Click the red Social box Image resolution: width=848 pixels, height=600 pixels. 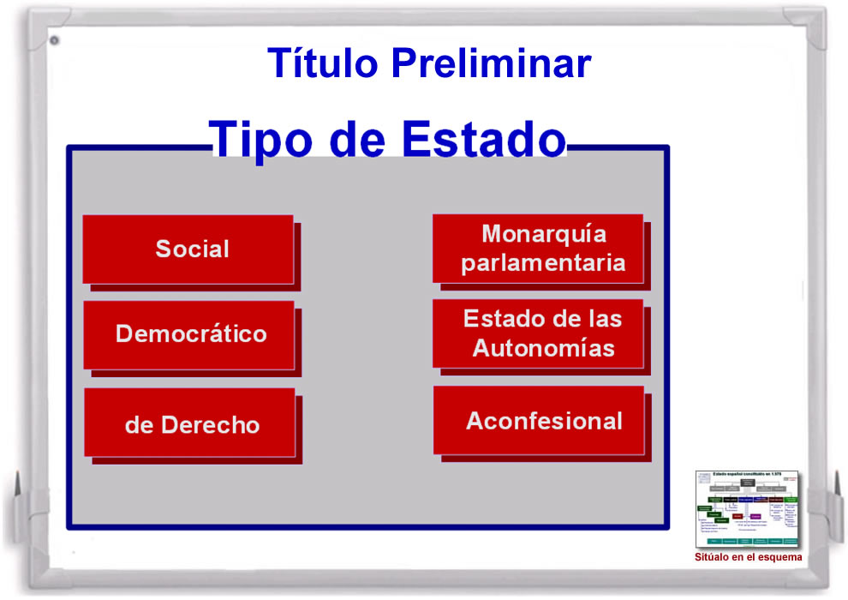point(189,249)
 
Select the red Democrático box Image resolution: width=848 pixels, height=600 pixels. point(189,334)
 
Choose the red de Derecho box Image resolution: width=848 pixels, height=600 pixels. point(190,423)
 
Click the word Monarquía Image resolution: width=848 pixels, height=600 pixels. point(544,233)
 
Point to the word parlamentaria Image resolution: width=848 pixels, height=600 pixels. point(543,262)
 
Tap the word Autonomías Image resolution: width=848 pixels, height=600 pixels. point(543,349)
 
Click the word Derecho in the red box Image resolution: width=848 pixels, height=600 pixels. point(209,425)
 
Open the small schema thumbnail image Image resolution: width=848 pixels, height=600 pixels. point(746,509)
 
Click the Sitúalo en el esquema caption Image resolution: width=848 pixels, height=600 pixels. point(748,557)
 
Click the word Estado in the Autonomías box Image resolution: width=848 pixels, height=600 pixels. point(502,319)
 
